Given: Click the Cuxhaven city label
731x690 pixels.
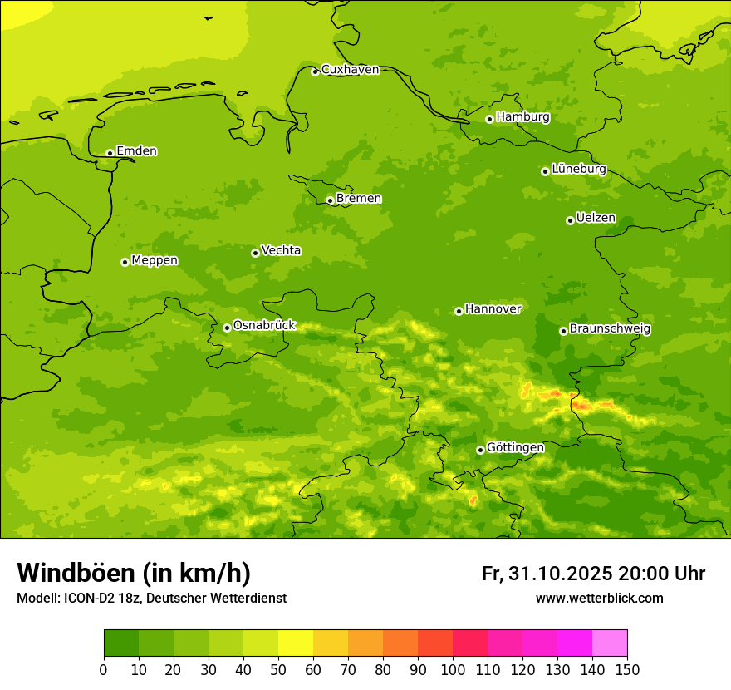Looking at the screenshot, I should point(350,70).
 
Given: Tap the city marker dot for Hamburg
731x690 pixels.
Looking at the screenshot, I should point(489,119).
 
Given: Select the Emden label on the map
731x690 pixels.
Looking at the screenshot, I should point(136,151).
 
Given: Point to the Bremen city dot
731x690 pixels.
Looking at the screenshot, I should point(330,200).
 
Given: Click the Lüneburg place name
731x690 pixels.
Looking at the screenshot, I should point(578,169).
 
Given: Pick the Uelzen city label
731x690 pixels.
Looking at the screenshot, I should point(596,219).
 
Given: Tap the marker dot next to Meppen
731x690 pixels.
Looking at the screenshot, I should point(125,262).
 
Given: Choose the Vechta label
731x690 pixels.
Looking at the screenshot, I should point(281,250).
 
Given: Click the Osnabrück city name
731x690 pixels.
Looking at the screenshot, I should point(264,325).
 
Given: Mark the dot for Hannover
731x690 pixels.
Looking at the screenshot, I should point(459,311).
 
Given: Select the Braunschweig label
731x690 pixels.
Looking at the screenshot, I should point(610,329).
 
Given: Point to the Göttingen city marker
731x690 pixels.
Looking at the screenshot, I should point(480,450).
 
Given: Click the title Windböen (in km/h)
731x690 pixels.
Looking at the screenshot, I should point(134,574).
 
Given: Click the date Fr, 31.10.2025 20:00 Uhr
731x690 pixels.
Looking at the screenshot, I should point(593,574).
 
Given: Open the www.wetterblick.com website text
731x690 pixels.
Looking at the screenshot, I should point(599,599).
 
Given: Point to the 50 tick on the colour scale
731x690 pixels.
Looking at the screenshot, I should point(278,669).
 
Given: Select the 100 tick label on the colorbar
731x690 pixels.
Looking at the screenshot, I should point(453,669).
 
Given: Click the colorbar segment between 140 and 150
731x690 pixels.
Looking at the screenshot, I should point(610,643).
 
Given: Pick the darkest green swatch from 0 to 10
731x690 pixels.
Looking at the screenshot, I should point(121,643).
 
